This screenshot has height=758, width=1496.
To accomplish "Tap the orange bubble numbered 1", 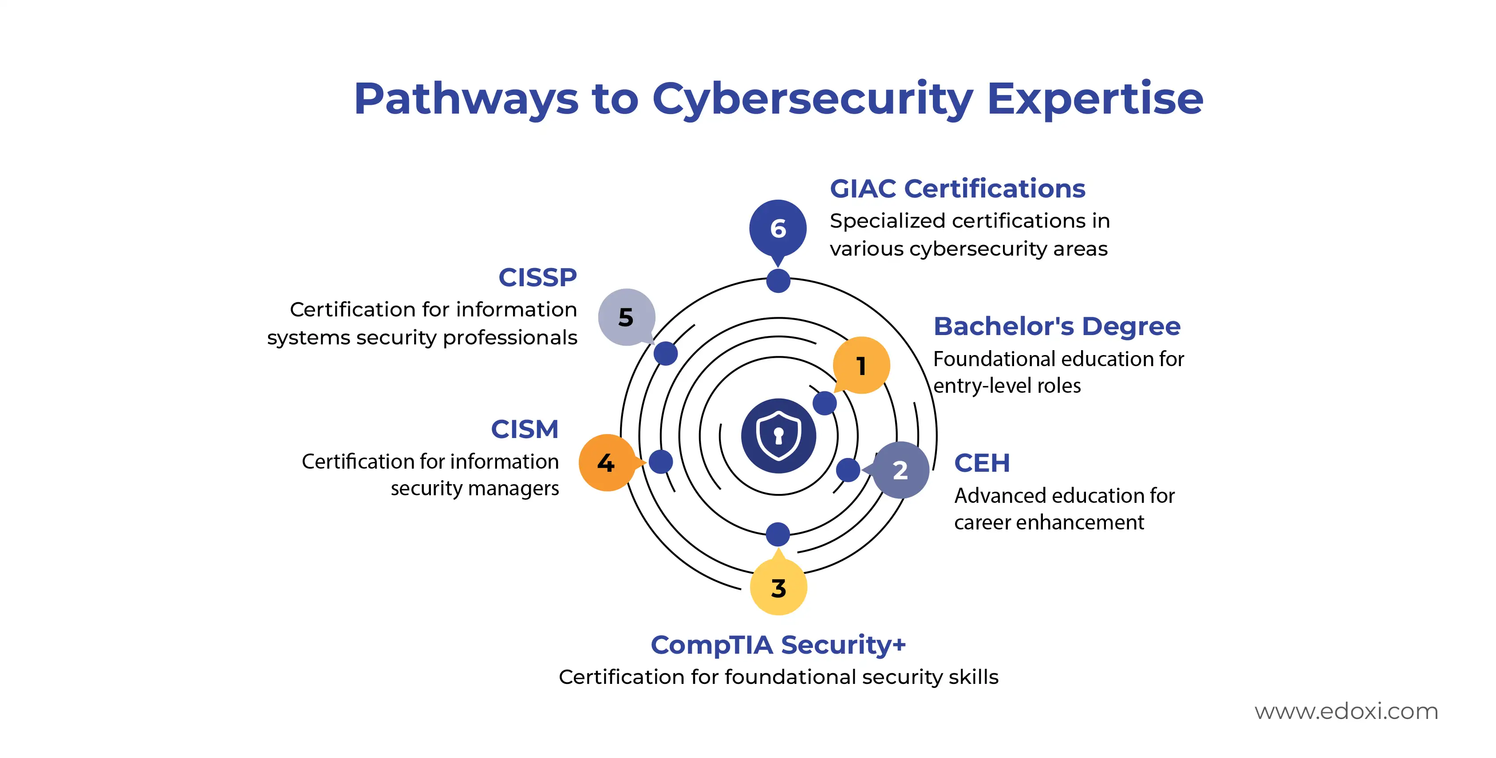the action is (x=861, y=365).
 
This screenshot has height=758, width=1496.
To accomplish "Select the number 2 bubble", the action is (x=900, y=470).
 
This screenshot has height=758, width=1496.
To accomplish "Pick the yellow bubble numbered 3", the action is (x=778, y=586).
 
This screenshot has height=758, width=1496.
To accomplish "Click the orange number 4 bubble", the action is (x=608, y=463).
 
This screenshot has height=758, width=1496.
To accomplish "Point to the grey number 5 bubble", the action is (x=627, y=317).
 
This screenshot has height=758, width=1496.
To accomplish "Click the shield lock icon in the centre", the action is (x=778, y=436).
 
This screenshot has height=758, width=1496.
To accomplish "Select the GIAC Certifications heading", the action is (x=957, y=189).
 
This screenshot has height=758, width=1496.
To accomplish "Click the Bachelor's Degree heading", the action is (x=1057, y=327).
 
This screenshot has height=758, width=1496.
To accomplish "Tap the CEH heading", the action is (x=982, y=463).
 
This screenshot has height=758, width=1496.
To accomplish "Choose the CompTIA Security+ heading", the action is (x=778, y=645).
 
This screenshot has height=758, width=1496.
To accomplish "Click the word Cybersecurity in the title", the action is (x=813, y=99).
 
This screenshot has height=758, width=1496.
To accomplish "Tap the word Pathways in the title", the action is (x=466, y=99).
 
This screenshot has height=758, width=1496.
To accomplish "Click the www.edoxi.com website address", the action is (x=1346, y=711).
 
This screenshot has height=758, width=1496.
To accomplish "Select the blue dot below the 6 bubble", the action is (x=778, y=280).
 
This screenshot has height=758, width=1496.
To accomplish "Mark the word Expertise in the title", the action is (x=1095, y=99).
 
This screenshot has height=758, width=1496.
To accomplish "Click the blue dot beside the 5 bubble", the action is (x=666, y=353).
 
